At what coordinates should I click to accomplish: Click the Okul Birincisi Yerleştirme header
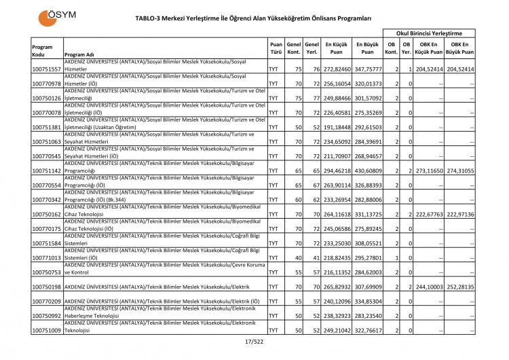coord(429,33)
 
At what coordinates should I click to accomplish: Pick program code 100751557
coord(47,69)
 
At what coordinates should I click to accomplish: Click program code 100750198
coord(47,287)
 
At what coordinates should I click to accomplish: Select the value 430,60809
coord(367,170)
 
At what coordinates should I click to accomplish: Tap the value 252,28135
coord(459,287)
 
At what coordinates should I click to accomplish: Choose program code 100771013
coord(47,257)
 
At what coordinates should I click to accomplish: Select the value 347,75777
coord(367,69)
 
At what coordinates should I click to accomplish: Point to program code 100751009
coord(47,330)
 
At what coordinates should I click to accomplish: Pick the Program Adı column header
coord(79,54)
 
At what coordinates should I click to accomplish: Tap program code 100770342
coord(47,200)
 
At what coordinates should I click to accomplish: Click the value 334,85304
coord(367,301)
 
